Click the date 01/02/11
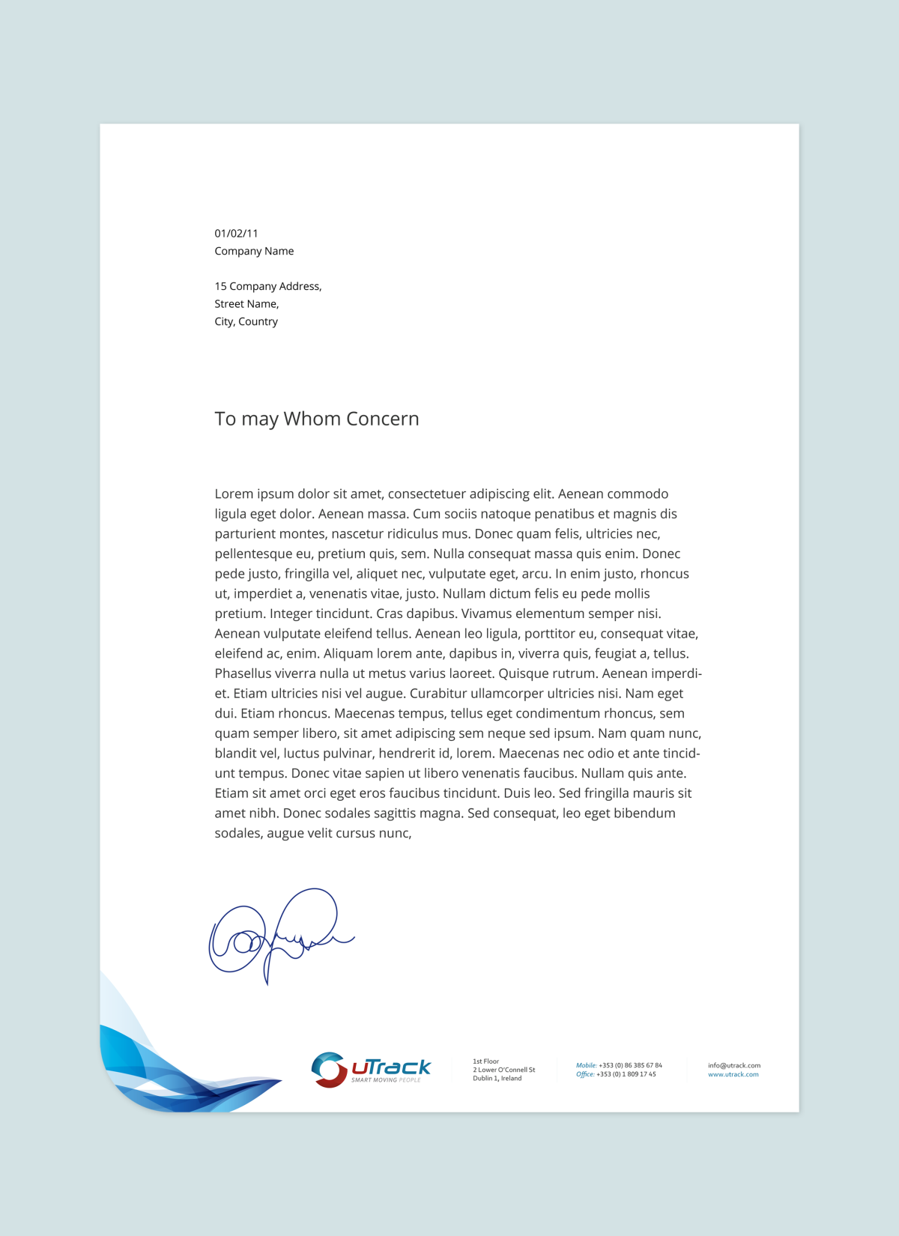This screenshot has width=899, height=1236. (x=236, y=234)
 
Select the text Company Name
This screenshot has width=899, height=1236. (x=254, y=251)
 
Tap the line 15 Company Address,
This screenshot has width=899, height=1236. (x=267, y=286)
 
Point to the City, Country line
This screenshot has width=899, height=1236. (x=246, y=321)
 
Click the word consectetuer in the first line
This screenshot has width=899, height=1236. (x=426, y=494)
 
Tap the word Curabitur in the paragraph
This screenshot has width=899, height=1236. (x=438, y=694)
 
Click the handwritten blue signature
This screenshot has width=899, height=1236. (x=277, y=936)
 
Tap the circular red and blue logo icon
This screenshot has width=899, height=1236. (x=328, y=1069)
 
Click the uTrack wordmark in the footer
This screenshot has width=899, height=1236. (x=391, y=1067)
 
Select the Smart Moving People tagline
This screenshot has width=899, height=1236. (x=386, y=1080)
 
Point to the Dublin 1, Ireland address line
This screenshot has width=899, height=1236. (x=497, y=1079)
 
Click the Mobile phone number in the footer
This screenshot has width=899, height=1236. (x=629, y=1065)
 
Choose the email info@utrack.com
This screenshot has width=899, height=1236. (x=733, y=1065)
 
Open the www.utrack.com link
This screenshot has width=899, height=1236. (x=733, y=1074)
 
